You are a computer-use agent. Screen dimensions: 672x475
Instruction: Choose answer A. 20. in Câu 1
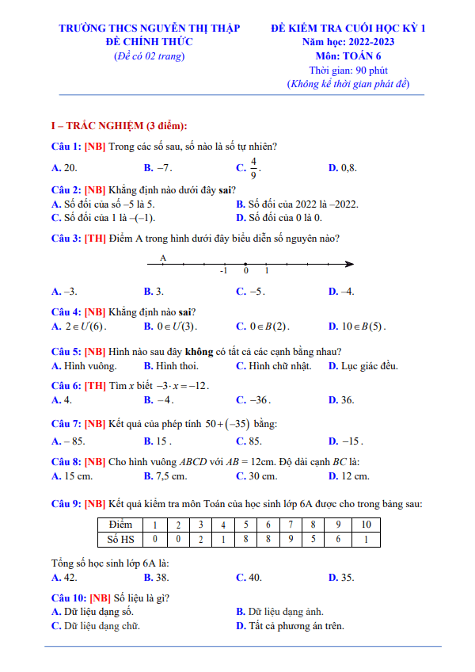[64, 168]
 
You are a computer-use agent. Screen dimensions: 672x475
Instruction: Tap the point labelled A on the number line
[163, 264]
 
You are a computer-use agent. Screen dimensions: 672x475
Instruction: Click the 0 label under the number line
[245, 272]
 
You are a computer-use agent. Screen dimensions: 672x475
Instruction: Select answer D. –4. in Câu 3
[341, 292]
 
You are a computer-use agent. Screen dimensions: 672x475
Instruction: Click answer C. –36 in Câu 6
[253, 400]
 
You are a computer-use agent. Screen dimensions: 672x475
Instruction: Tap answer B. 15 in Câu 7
[158, 441]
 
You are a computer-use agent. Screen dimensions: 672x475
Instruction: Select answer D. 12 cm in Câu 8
[348, 476]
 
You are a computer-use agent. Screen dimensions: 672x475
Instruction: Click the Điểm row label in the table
[120, 525]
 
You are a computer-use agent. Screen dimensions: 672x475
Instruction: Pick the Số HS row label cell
[120, 539]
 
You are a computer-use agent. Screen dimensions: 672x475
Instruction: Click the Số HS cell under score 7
[291, 539]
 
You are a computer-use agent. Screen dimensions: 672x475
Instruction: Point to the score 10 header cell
[365, 525]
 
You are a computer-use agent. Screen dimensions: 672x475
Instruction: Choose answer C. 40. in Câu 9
[249, 578]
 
